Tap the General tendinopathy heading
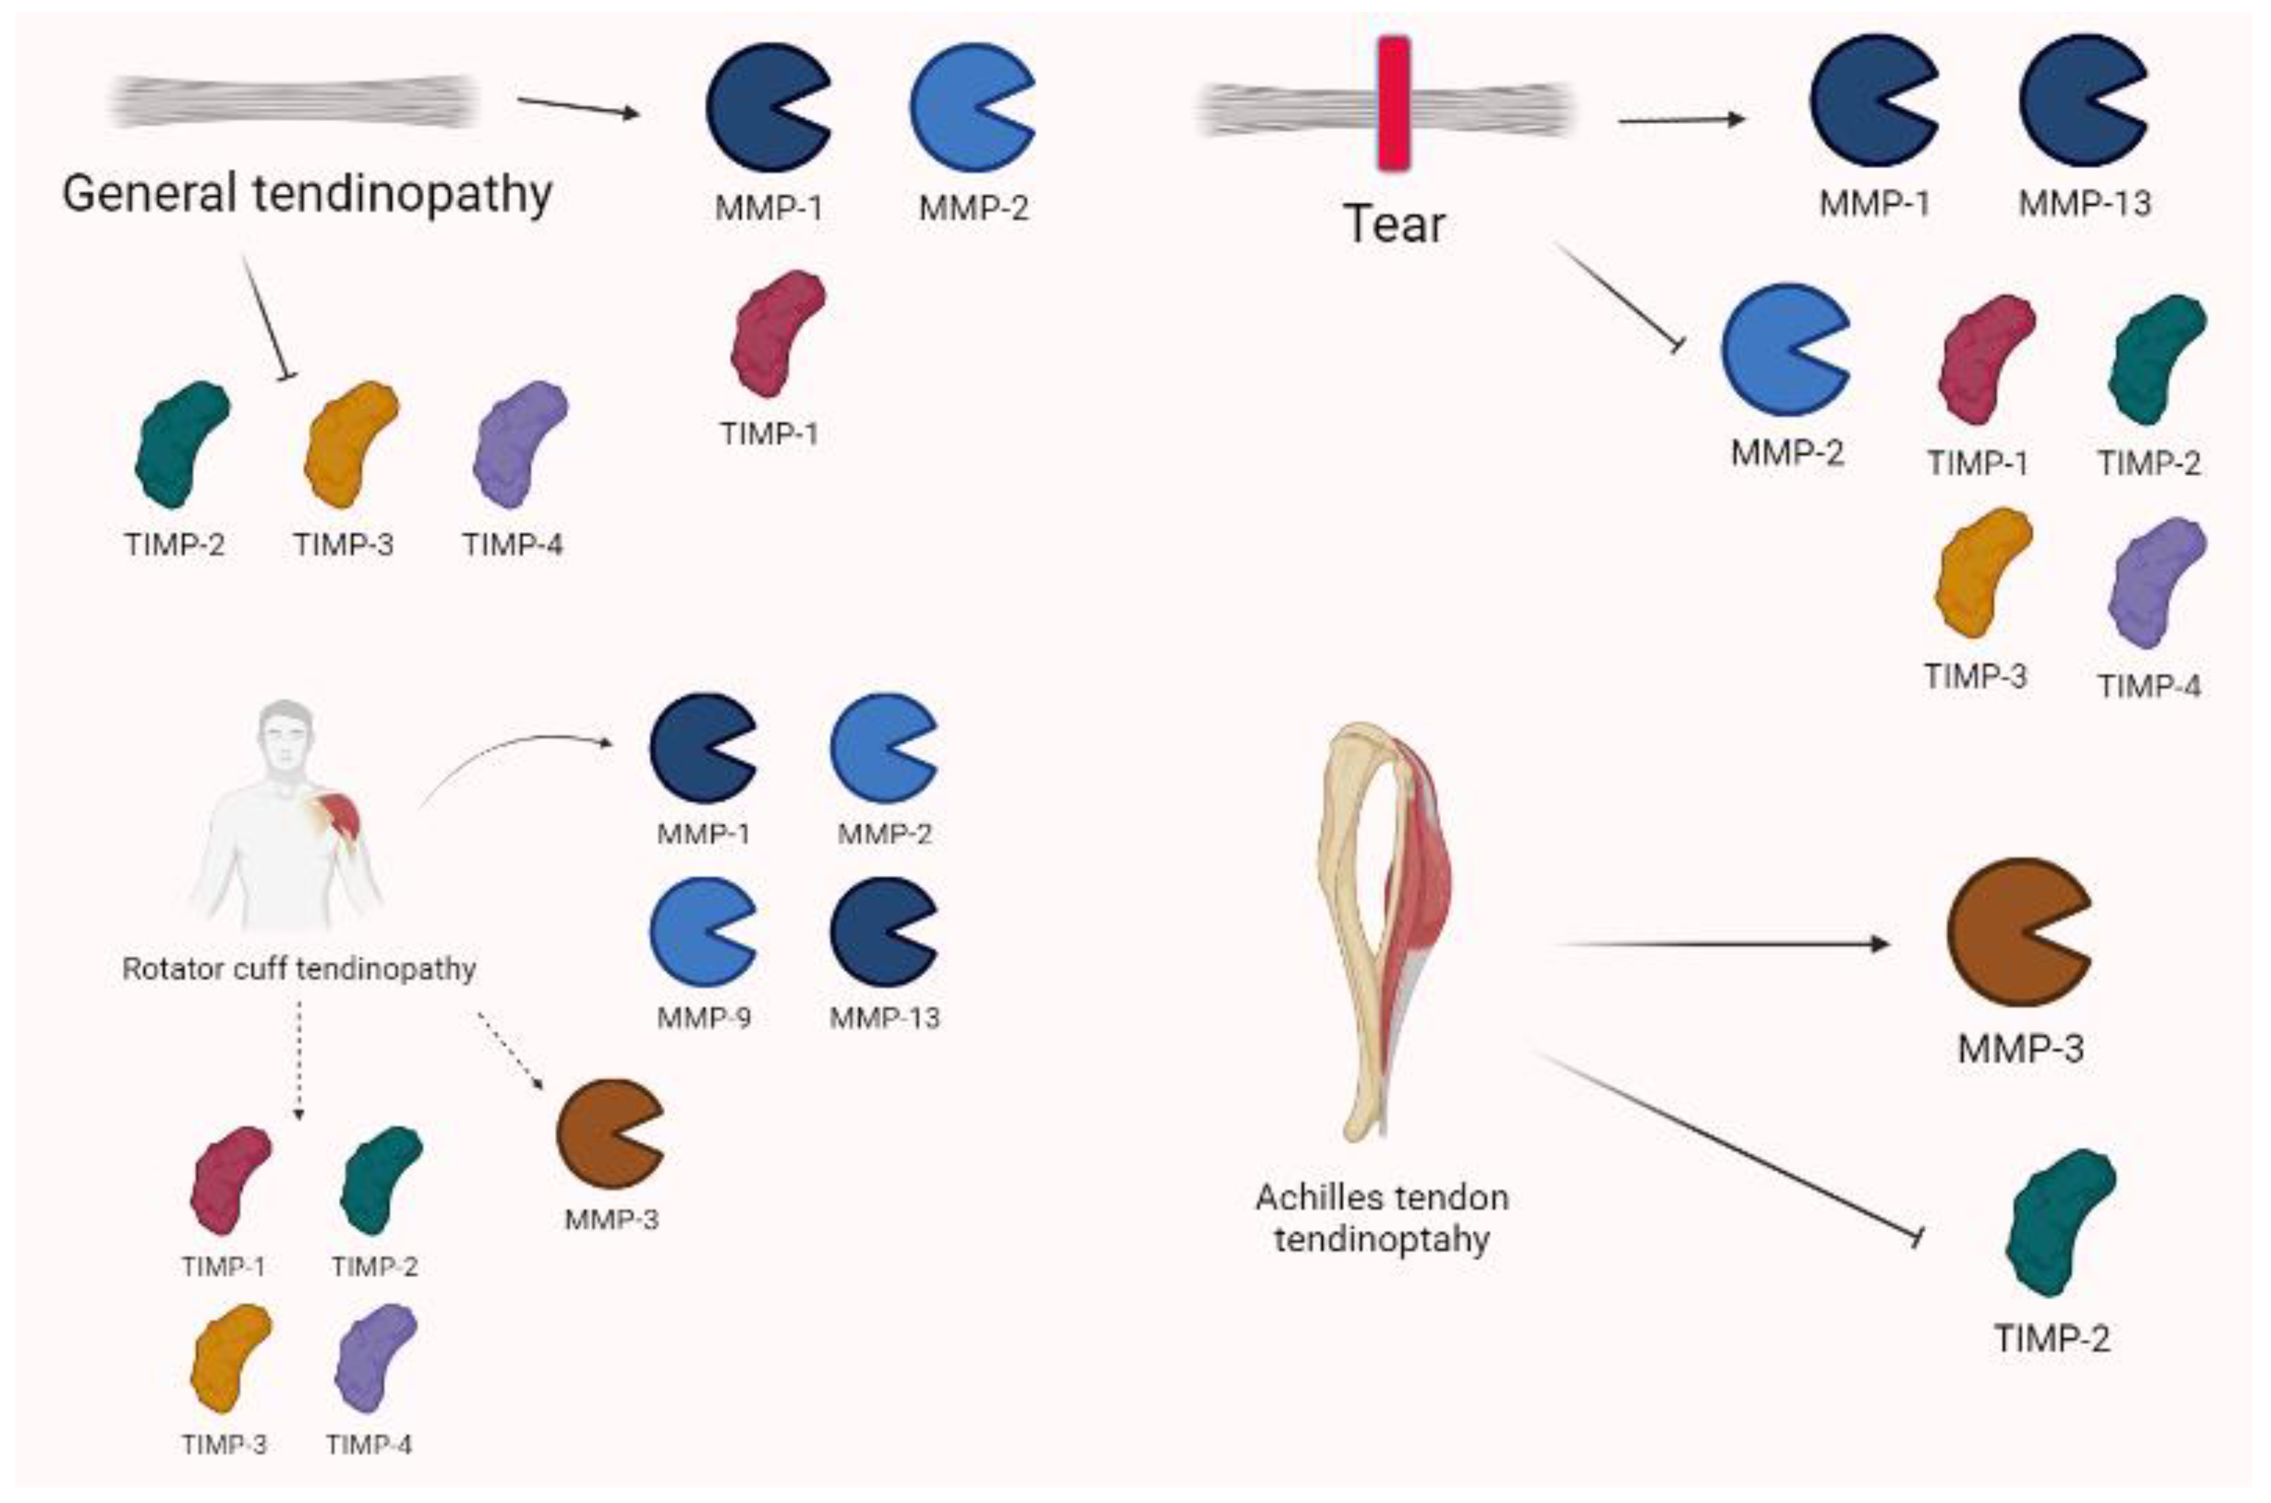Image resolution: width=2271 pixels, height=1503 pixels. [307, 193]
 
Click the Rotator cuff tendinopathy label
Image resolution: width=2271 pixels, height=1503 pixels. [299, 969]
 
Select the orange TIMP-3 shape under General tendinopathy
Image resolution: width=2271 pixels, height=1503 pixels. [349, 444]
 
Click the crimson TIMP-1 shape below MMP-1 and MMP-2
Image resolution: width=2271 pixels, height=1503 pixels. [776, 332]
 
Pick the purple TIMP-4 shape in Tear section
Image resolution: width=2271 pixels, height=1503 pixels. [2156, 582]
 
